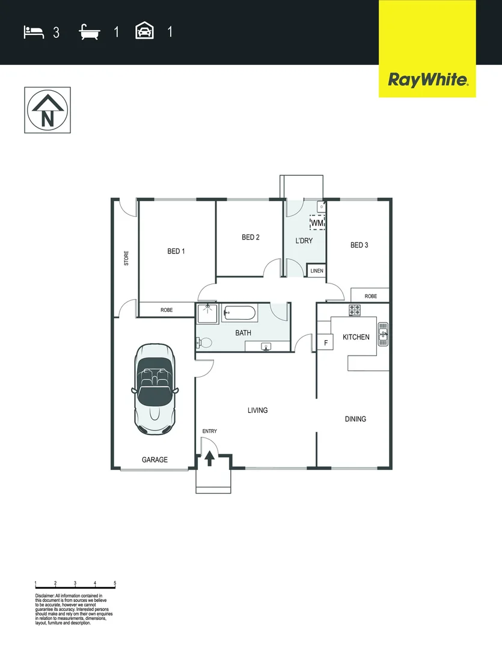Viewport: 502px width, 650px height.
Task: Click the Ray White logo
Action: click(x=427, y=79)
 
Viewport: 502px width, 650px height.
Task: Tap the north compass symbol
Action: click(x=47, y=110)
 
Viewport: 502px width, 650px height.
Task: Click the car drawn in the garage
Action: click(x=155, y=389)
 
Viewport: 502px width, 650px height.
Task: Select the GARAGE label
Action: click(x=155, y=460)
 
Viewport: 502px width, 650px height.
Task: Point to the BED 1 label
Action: click(x=176, y=251)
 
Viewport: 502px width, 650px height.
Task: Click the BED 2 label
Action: click(x=250, y=237)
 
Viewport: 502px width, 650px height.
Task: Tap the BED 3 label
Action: click(x=359, y=245)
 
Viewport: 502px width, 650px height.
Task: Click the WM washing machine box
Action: click(x=317, y=223)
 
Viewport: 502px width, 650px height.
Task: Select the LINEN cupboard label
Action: click(x=317, y=271)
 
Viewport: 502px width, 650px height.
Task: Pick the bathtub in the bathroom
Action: click(x=240, y=313)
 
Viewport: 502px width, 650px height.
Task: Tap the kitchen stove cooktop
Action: click(x=355, y=311)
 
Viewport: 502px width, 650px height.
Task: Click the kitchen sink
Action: click(x=383, y=333)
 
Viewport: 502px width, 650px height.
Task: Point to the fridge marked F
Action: click(x=326, y=343)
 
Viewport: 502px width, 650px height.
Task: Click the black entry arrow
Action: click(x=209, y=459)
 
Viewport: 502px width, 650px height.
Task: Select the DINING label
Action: click(x=355, y=419)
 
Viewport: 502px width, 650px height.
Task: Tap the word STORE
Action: click(x=126, y=258)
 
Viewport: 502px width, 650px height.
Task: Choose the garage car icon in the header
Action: click(x=144, y=31)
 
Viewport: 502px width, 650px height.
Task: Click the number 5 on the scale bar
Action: click(x=115, y=583)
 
